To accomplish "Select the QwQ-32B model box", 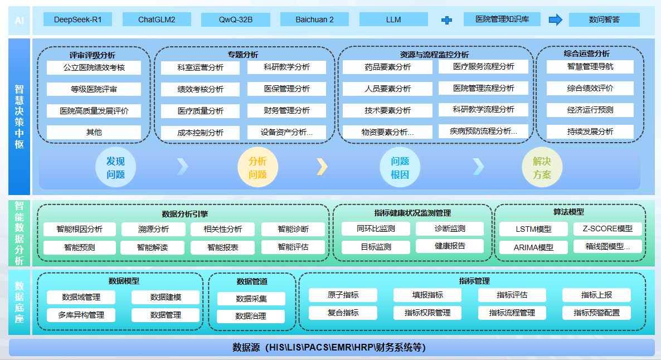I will tap(235, 20).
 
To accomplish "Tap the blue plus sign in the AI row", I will tap(446, 20).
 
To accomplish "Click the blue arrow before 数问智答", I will tap(555, 20).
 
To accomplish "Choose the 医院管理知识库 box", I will tap(502, 20).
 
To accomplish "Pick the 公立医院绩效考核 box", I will tap(94, 68).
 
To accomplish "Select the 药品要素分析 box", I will tap(387, 67).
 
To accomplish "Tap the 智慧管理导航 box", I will tap(590, 67).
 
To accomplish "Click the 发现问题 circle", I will tap(115, 168).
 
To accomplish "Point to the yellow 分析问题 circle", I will tap(257, 168).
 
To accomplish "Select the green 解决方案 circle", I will tap(542, 168).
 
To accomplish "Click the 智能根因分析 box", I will tap(80, 229).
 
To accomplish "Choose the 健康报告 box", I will tap(449, 246).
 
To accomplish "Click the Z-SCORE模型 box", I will tap(607, 228).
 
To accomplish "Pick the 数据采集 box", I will tap(251, 299).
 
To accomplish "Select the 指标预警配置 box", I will tap(596, 313).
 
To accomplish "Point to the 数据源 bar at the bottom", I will tap(331, 348).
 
